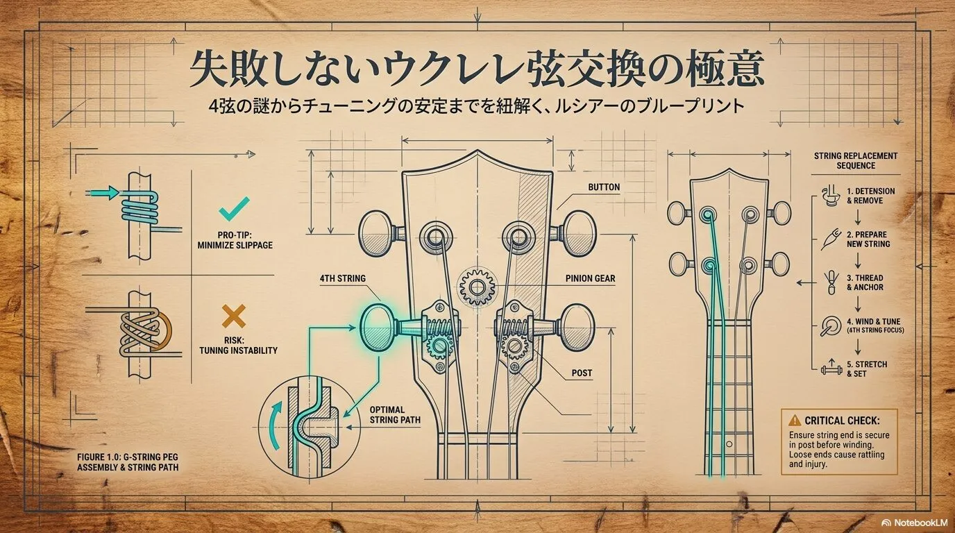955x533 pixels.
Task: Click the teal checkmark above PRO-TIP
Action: [x=234, y=209]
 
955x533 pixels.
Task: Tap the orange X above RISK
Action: [x=234, y=316]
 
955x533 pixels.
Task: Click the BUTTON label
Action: [x=604, y=187]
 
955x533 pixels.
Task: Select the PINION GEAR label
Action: [x=590, y=278]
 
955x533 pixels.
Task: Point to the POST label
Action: [x=582, y=373]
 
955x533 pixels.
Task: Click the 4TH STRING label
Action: [x=342, y=278]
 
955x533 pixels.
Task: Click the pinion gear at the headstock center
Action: [x=477, y=287]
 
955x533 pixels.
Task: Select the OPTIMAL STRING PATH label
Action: [x=395, y=414]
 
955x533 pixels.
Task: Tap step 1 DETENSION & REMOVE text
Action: [x=870, y=196]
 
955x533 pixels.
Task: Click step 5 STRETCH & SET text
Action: [x=867, y=369]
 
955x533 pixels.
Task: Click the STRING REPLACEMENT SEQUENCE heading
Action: [x=856, y=161]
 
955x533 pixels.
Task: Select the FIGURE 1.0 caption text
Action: [x=128, y=462]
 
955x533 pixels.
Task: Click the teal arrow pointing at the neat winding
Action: [x=102, y=193]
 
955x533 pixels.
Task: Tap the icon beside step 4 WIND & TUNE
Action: [x=831, y=326]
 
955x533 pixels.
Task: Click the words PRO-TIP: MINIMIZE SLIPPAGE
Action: [x=235, y=240]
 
